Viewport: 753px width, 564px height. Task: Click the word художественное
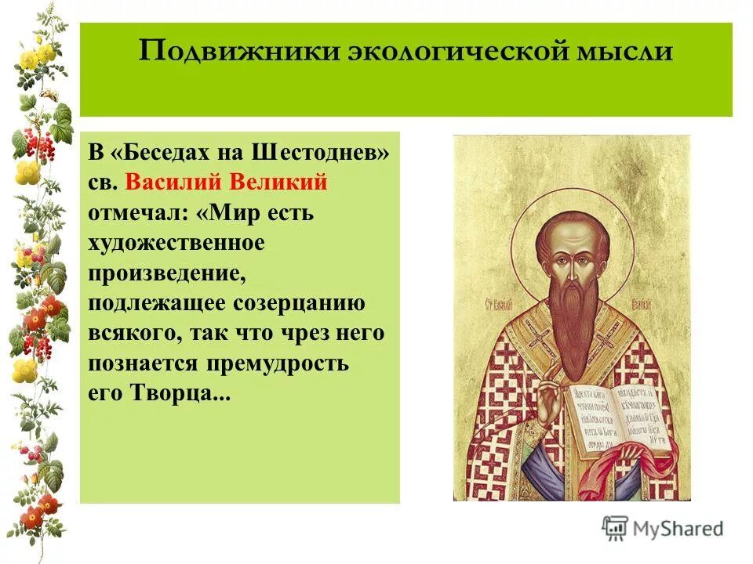pyautogui.click(x=176, y=243)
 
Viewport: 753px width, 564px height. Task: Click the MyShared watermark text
pyautogui.click(x=678, y=529)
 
